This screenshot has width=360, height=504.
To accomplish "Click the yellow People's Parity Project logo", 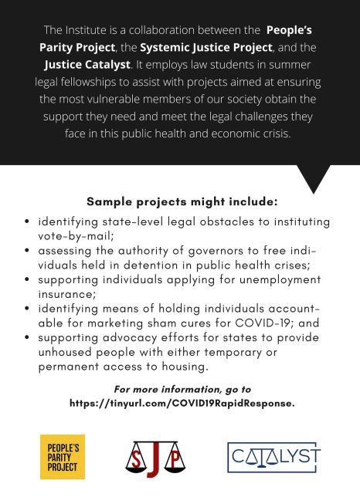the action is [63, 457].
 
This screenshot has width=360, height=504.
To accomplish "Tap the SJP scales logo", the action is [146, 457].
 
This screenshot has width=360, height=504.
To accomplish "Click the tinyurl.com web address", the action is [182, 404].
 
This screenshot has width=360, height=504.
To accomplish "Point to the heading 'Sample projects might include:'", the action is [182, 202].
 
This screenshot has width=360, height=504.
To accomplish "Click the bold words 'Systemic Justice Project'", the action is [195, 47].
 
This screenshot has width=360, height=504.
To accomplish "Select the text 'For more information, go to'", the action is [182, 389].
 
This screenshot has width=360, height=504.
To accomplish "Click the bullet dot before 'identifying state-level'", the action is [28, 222].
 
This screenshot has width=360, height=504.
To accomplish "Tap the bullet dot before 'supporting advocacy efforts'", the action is [28, 339].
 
